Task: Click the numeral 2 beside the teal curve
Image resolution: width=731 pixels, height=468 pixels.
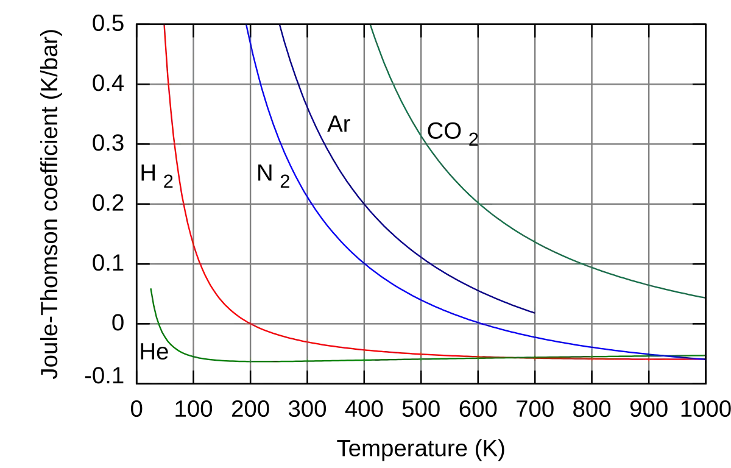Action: [473, 140]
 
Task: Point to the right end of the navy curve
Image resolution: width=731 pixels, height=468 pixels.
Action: [534, 313]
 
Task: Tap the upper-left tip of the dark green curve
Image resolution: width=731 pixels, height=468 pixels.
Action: [150, 289]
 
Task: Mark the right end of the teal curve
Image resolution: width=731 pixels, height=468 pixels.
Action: [704, 297]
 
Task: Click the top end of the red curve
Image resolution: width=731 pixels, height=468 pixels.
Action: [163, 26]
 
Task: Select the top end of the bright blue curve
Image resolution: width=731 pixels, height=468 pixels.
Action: [247, 26]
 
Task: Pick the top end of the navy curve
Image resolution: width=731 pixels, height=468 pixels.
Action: [279, 26]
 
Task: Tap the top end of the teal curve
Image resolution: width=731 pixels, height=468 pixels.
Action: [370, 26]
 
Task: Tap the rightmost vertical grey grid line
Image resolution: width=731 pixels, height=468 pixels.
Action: [649, 183]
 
